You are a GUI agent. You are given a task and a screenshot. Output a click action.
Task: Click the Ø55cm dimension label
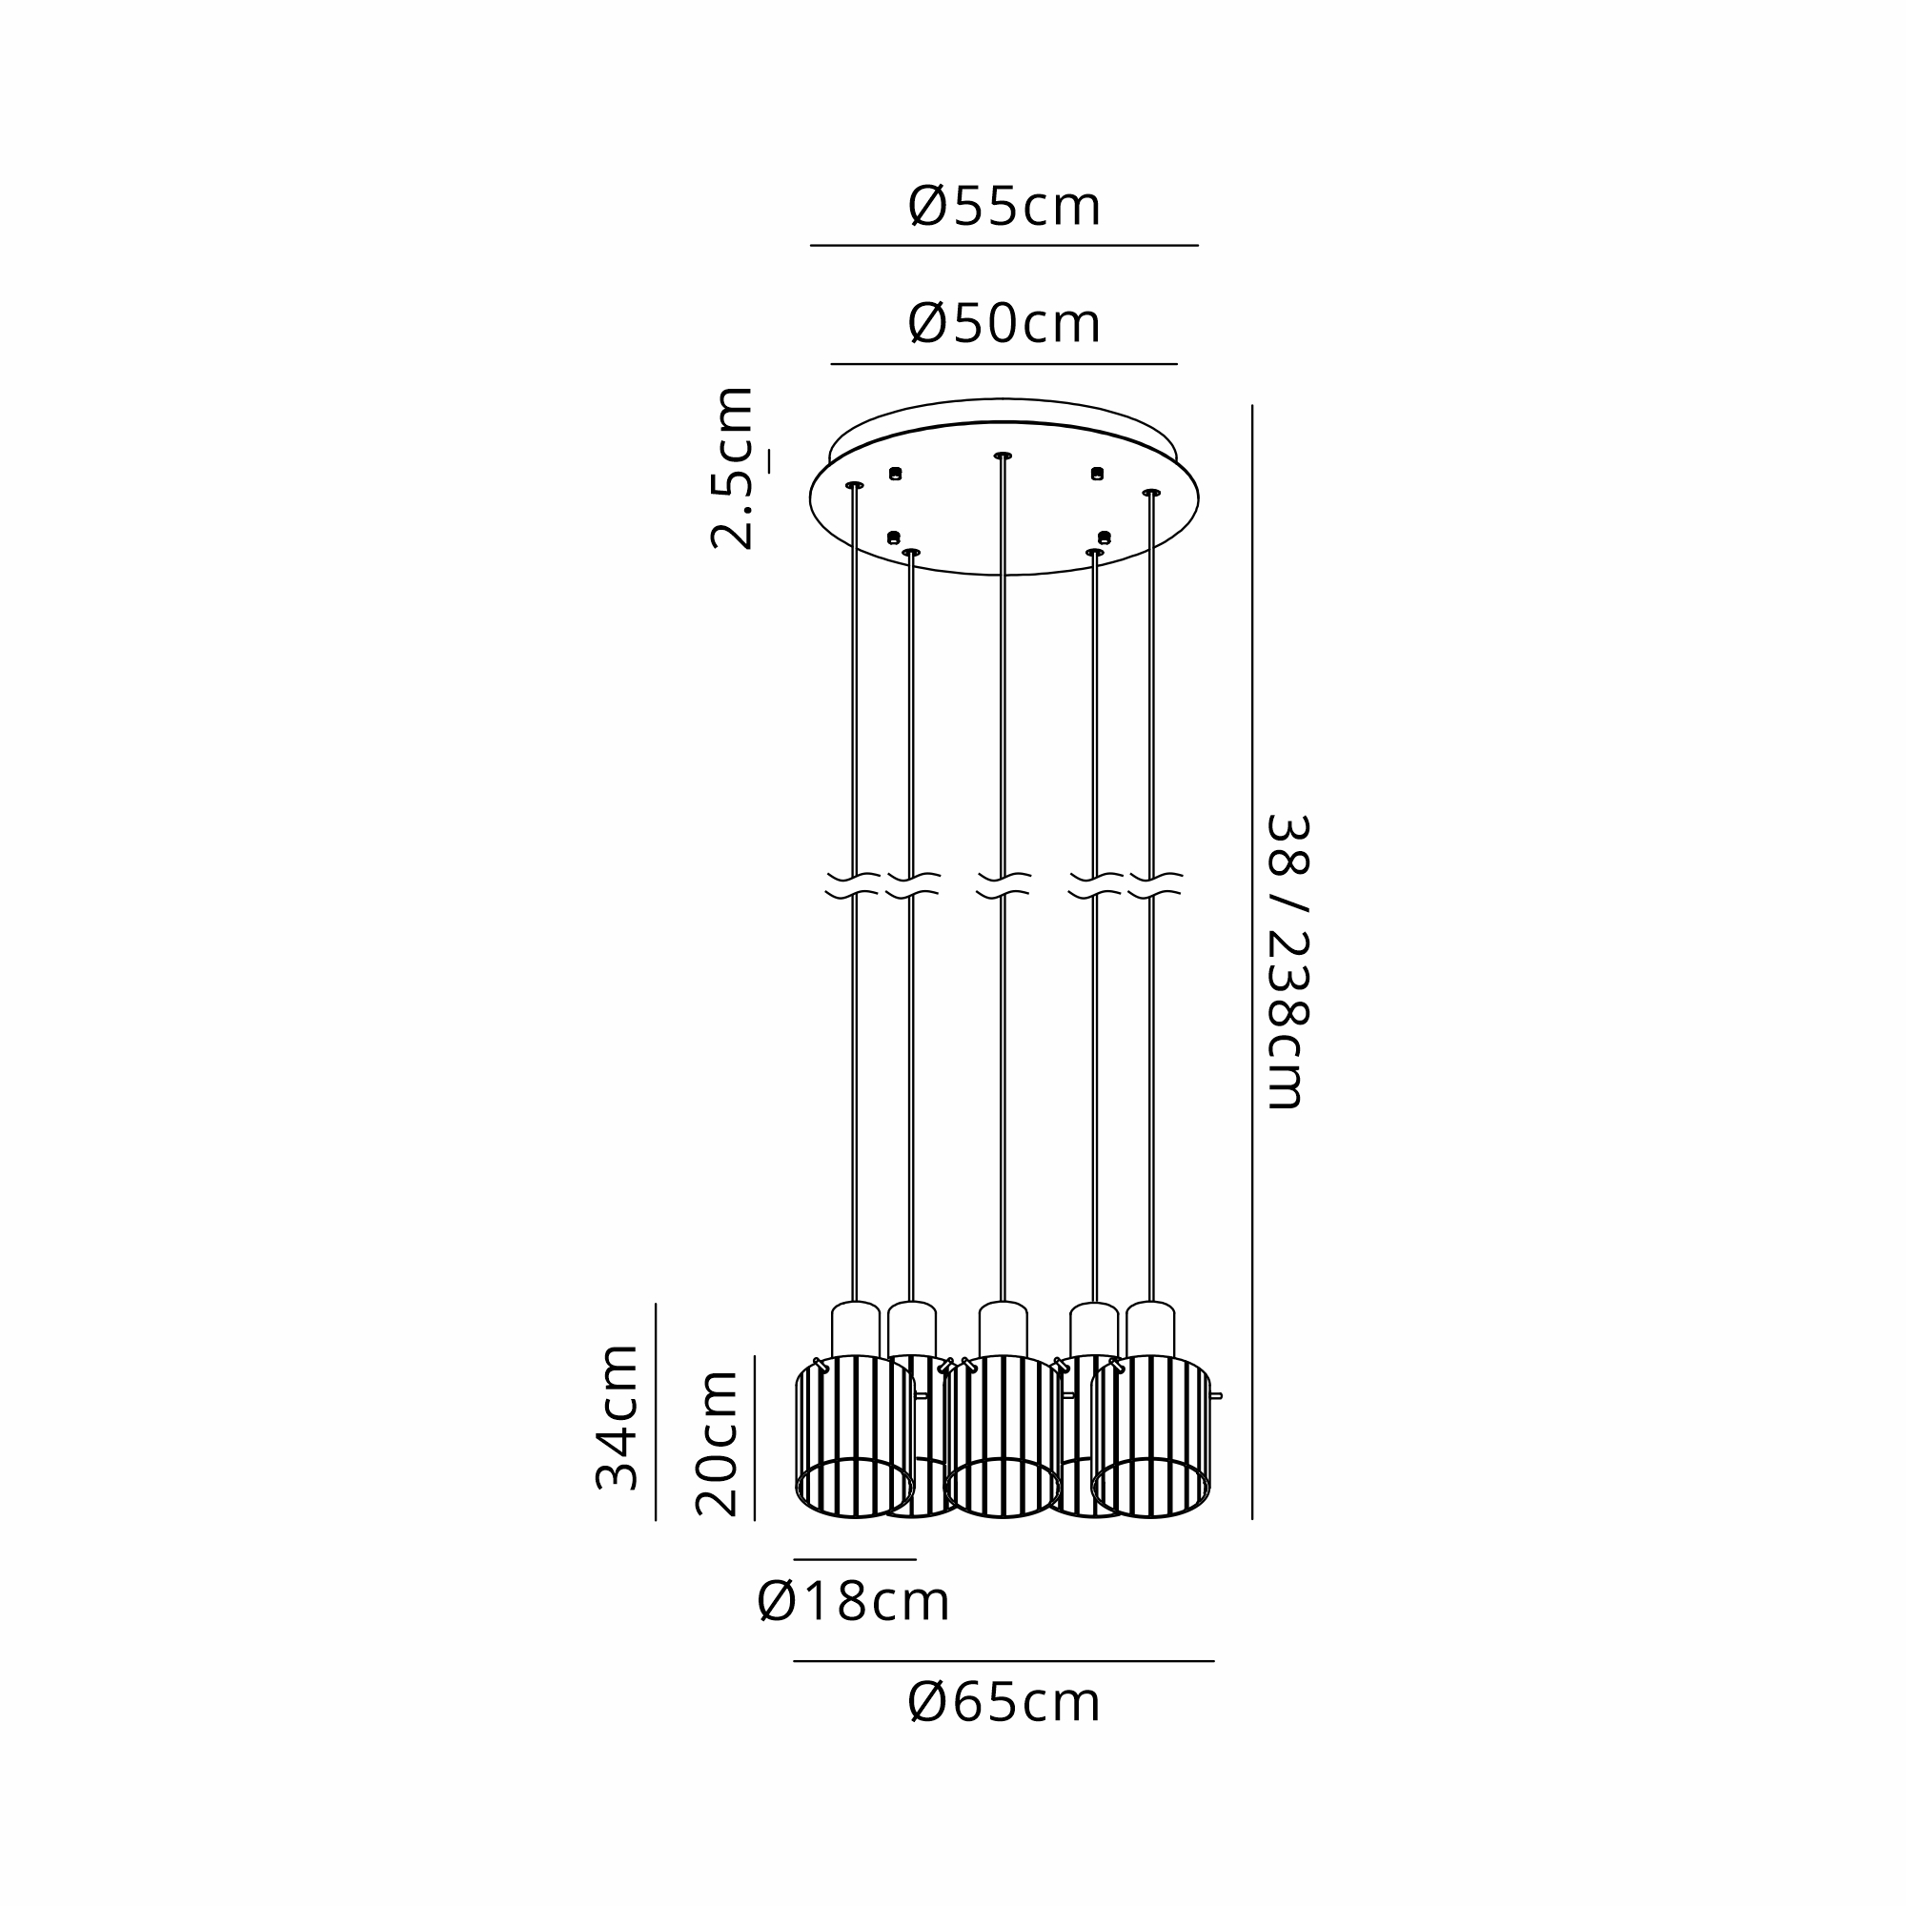[x=1004, y=207]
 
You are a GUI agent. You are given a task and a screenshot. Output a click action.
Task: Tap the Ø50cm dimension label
[x=1004, y=324]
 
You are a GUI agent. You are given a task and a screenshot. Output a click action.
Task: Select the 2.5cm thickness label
[x=732, y=468]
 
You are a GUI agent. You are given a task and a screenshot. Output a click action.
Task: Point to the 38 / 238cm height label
[x=1287, y=961]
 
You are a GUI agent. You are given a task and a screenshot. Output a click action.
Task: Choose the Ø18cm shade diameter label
[x=853, y=1601]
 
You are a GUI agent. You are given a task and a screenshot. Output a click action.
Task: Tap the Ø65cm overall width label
[x=1004, y=1704]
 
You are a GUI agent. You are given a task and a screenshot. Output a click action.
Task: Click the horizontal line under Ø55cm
[x=1004, y=245]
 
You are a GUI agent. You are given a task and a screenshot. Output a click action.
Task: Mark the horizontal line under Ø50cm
[x=1004, y=364]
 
